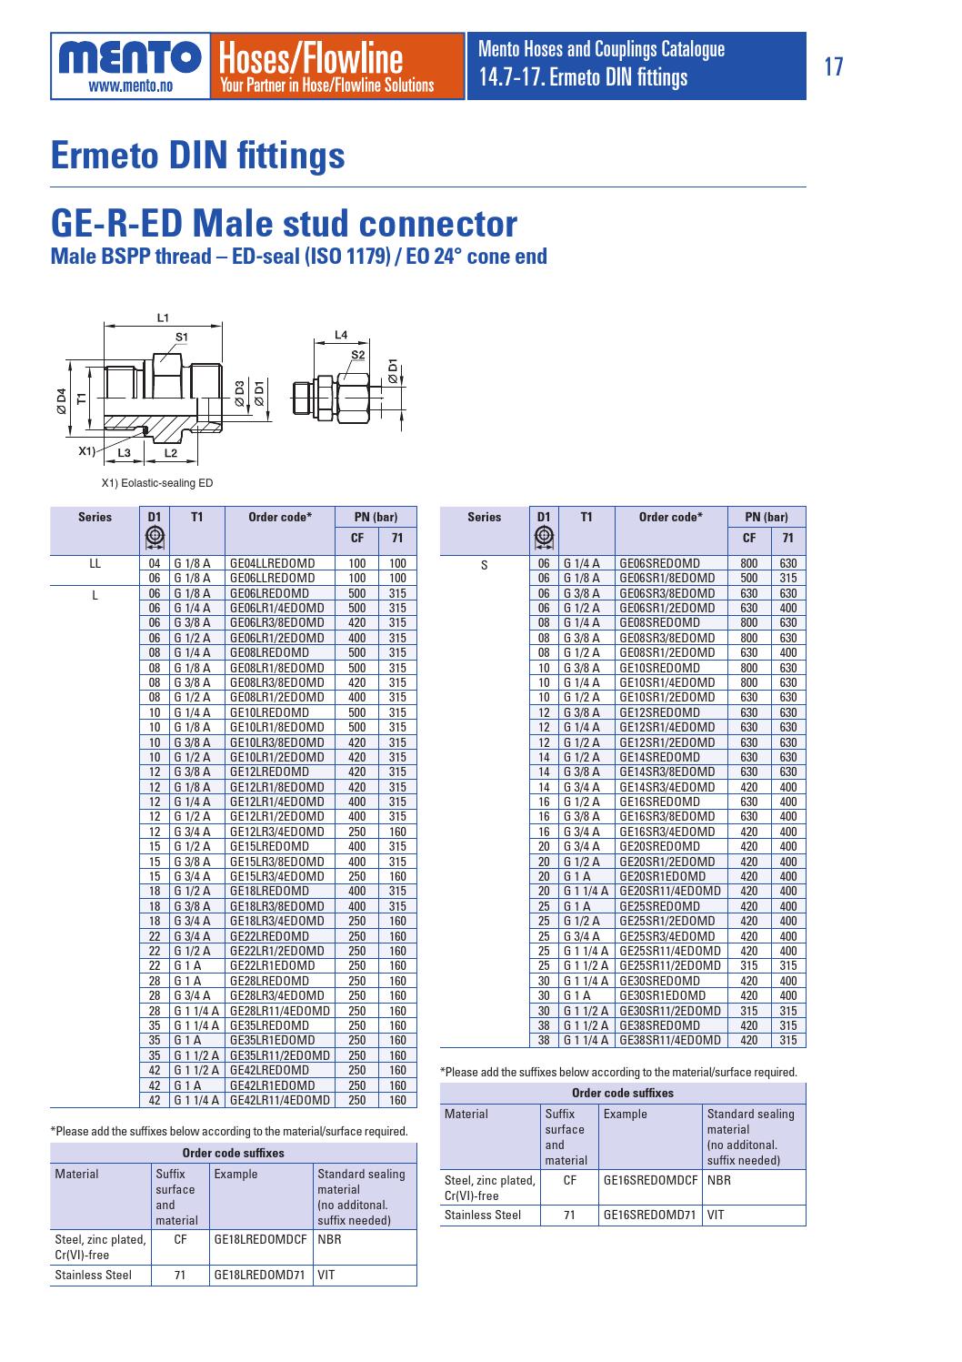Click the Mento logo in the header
130,65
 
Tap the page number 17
833,66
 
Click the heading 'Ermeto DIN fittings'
198,155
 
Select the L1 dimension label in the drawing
164,318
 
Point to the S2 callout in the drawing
357,354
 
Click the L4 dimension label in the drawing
341,335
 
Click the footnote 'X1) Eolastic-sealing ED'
155,483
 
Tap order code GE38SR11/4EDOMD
669,1040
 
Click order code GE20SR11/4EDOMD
669,891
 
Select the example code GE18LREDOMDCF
259,1238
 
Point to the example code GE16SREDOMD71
648,1215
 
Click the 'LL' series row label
95,563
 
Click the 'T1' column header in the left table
196,518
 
